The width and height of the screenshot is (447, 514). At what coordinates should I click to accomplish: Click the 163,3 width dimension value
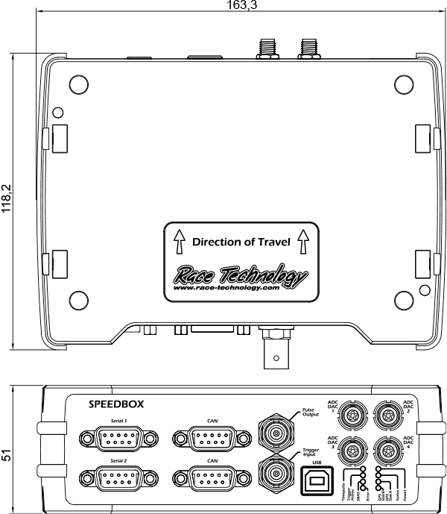tap(237, 5)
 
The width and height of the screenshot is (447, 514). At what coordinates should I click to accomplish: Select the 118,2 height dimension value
tap(7, 200)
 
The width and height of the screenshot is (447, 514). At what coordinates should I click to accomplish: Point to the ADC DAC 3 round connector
tap(353, 450)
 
